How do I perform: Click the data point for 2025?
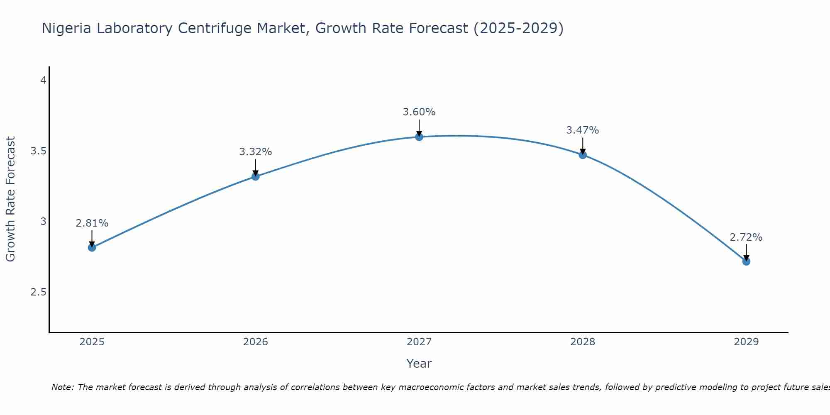pyautogui.click(x=92, y=248)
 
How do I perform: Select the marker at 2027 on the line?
pyautogui.click(x=419, y=137)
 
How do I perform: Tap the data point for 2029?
pyautogui.click(x=746, y=261)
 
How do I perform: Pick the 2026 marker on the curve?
pyautogui.click(x=256, y=176)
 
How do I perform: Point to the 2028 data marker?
pyautogui.click(x=583, y=155)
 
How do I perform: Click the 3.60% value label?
pyautogui.click(x=419, y=112)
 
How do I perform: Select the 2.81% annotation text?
pyautogui.click(x=92, y=223)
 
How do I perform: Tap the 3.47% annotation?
pyautogui.click(x=583, y=130)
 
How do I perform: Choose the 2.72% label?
pyautogui.click(x=746, y=237)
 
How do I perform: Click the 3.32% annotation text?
pyautogui.click(x=256, y=152)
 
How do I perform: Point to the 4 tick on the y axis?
pyautogui.click(x=43, y=80)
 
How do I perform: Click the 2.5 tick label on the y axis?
pyautogui.click(x=39, y=292)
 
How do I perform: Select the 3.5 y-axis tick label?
pyautogui.click(x=39, y=151)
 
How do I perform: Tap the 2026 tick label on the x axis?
pyautogui.click(x=256, y=342)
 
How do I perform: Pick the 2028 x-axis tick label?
pyautogui.click(x=583, y=342)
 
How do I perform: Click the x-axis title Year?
pyautogui.click(x=419, y=364)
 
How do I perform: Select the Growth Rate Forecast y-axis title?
pyautogui.click(x=10, y=199)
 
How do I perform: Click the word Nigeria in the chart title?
pyautogui.click(x=67, y=29)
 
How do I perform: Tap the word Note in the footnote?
pyautogui.click(x=62, y=387)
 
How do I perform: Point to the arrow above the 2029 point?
pyautogui.click(x=746, y=252)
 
